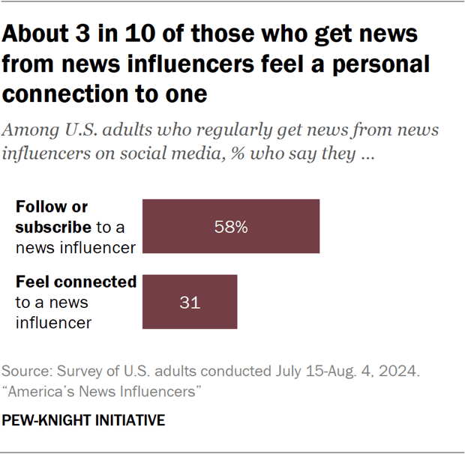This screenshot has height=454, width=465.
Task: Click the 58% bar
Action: click(231, 226)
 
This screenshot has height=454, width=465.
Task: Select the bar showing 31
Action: click(190, 302)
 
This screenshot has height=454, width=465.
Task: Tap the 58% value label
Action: click(231, 227)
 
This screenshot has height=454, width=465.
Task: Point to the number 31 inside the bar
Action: click(189, 303)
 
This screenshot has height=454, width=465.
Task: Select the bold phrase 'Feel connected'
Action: click(76, 282)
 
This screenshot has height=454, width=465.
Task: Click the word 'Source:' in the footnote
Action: click(25, 372)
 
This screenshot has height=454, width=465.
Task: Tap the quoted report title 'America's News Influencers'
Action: click(102, 391)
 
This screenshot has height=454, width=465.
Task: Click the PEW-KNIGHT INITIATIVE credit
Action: click(83, 420)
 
